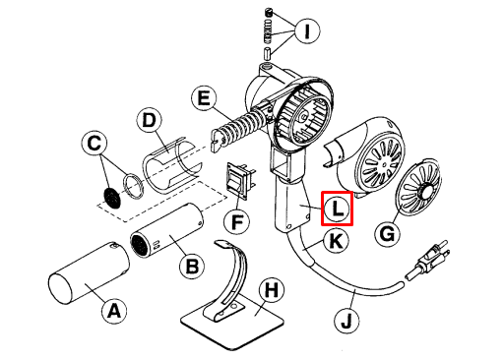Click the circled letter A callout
(x=114, y=311)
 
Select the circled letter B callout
(x=192, y=267)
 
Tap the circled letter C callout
(x=94, y=144)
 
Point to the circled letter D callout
(x=150, y=120)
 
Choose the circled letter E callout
(x=204, y=97)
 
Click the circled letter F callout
(x=236, y=222)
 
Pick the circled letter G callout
(x=388, y=234)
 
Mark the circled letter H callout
(x=272, y=290)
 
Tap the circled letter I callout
(x=307, y=31)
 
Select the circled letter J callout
(x=346, y=321)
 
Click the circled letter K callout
(x=336, y=242)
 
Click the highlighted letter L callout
(x=337, y=209)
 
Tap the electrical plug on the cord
(x=427, y=259)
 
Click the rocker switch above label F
(x=240, y=180)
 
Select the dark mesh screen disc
(x=112, y=198)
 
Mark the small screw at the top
(x=269, y=14)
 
